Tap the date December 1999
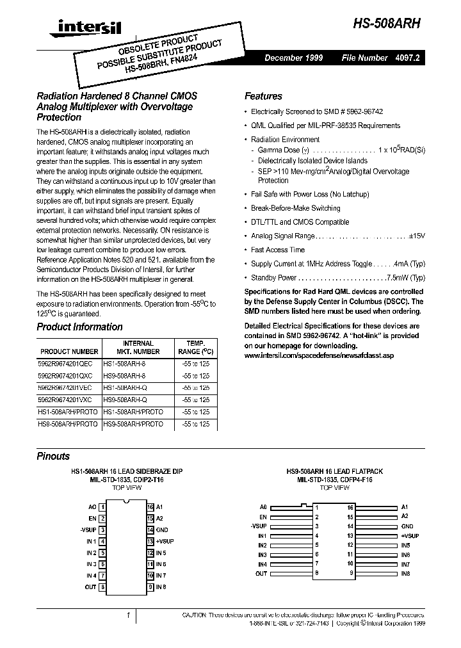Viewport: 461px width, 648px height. [294, 58]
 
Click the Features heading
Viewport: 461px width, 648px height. [263, 96]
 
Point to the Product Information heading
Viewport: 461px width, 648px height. [79, 327]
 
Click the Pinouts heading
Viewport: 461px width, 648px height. [53, 457]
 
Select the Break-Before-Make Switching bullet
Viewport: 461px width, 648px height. [295, 208]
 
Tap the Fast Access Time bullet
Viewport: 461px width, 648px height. [277, 250]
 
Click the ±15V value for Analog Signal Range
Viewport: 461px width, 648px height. [417, 236]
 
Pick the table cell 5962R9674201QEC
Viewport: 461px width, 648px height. [69, 362]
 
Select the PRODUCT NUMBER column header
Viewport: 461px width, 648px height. [69, 352]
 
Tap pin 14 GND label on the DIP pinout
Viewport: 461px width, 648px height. [162, 530]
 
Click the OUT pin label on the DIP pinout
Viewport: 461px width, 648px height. [90, 587]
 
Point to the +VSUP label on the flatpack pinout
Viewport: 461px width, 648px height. [410, 535]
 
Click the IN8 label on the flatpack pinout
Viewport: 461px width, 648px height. [405, 574]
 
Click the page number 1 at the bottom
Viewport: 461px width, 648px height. [127, 616]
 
